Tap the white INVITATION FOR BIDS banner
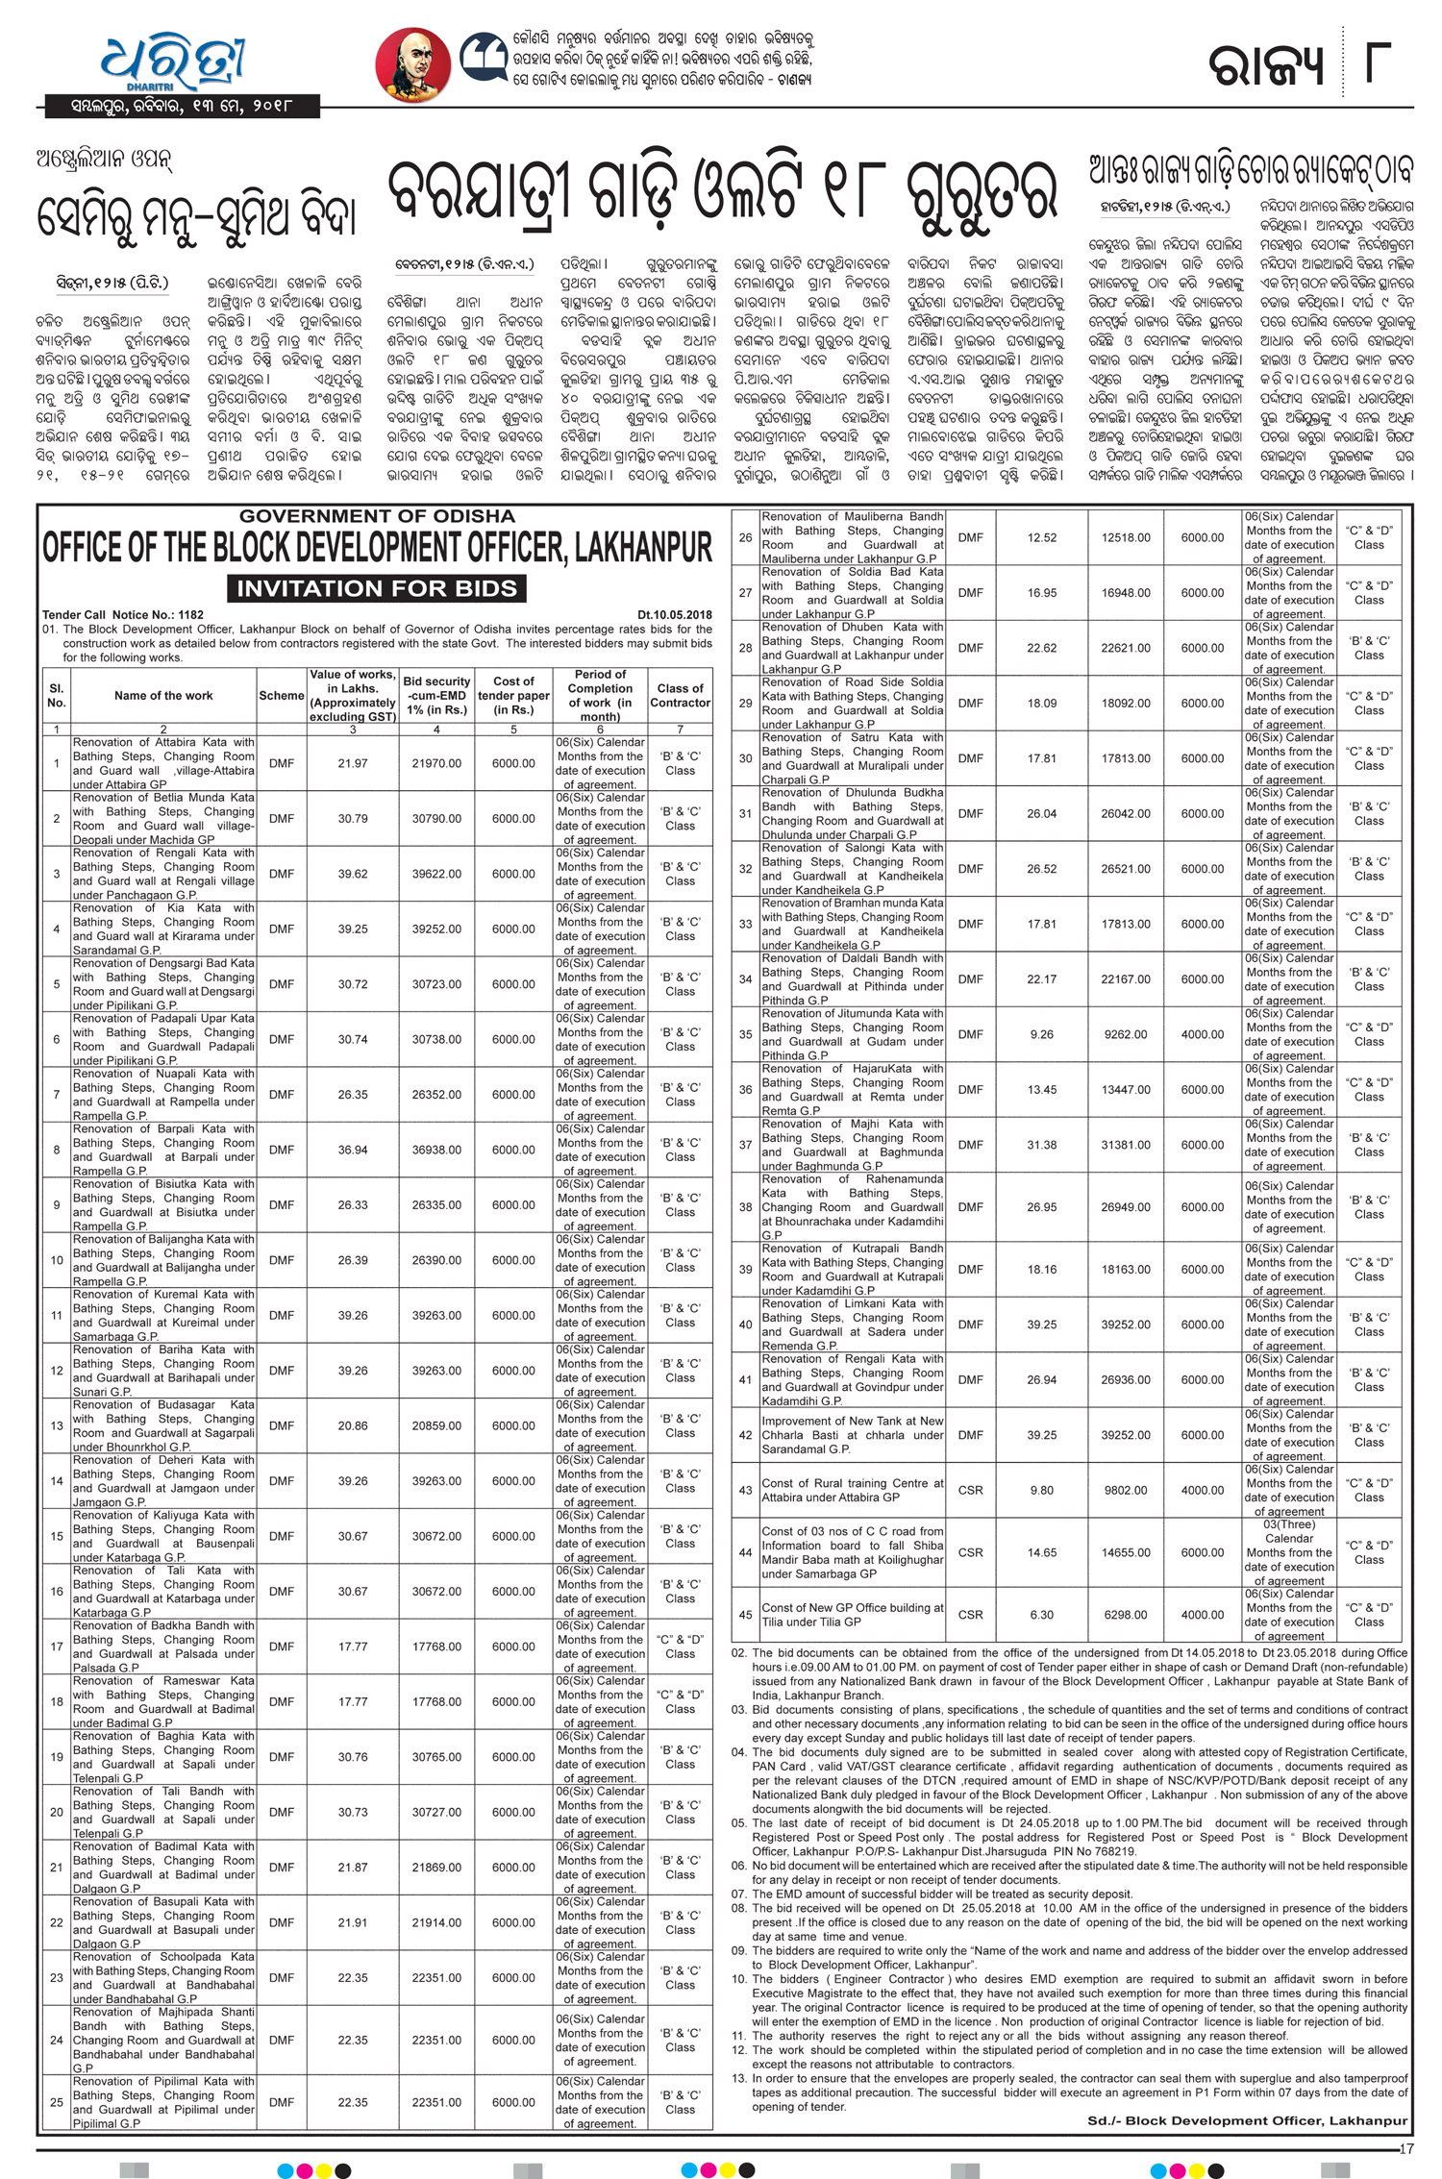click(x=377, y=588)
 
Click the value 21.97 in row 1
click(x=353, y=763)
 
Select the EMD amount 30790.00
click(x=436, y=819)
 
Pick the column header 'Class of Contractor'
click(x=680, y=695)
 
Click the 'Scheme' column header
click(x=282, y=695)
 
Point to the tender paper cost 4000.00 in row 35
click(x=1203, y=1034)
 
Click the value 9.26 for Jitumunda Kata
click(x=1041, y=1034)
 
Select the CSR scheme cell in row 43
click(x=971, y=1490)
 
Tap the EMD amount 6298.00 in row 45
click(x=1126, y=1615)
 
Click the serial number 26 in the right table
click(x=745, y=537)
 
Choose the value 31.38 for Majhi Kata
click(x=1041, y=1145)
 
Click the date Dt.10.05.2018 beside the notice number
click(x=674, y=614)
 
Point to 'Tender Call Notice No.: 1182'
click(x=123, y=614)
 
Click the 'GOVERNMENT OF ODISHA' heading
click(x=377, y=516)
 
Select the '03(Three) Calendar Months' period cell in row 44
click(x=1289, y=1552)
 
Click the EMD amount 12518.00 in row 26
click(x=1126, y=537)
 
